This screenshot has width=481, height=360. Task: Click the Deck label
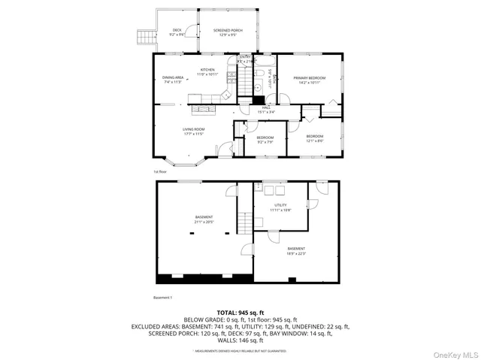pyautogui.click(x=177, y=32)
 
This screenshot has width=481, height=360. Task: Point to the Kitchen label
pyautogui.click(x=207, y=72)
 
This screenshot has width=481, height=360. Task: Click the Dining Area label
pyautogui.click(x=173, y=79)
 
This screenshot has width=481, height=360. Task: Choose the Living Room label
pyautogui.click(x=193, y=131)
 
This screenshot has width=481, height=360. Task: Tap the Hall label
pyautogui.click(x=266, y=110)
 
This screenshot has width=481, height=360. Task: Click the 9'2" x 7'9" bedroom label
pyautogui.click(x=265, y=139)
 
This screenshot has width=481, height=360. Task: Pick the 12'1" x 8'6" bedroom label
pyautogui.click(x=314, y=139)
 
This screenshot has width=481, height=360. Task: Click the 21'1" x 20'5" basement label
pyautogui.click(x=204, y=219)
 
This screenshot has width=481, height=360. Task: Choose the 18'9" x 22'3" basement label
pyautogui.click(x=296, y=250)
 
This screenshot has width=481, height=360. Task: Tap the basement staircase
pyautogui.click(x=244, y=223)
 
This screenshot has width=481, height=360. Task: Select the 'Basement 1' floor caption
pyautogui.click(x=164, y=298)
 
